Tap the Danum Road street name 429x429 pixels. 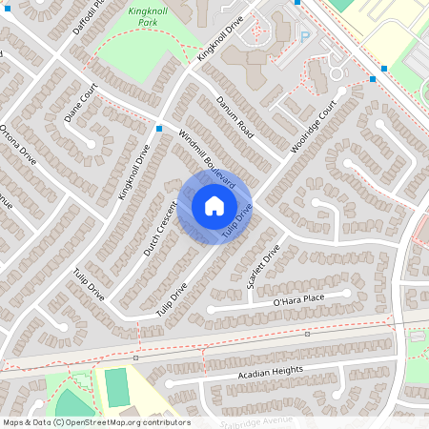tap(233, 116)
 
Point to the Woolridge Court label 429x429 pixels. tap(316, 128)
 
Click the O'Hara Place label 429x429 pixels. tap(299, 301)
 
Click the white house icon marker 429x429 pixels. tap(214, 206)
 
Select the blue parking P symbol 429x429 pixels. tap(305, 36)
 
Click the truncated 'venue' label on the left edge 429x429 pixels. tap(6, 203)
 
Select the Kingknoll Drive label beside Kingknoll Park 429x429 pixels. tap(221, 44)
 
